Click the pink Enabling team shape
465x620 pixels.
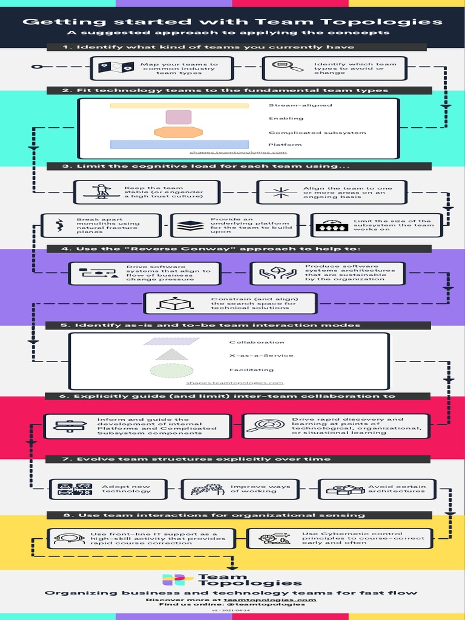(179, 117)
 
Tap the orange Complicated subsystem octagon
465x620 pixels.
(178, 132)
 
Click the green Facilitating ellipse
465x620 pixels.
(171, 370)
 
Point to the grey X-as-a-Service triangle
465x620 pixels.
(172, 355)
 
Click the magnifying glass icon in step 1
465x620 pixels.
(287, 67)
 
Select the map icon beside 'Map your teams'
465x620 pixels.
(117, 68)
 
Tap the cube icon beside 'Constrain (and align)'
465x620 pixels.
(167, 303)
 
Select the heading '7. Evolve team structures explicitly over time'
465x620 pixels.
(196, 459)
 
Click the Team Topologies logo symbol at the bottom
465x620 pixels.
(174, 580)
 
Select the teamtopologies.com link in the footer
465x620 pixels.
(269, 599)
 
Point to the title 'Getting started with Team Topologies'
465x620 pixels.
(232, 22)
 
